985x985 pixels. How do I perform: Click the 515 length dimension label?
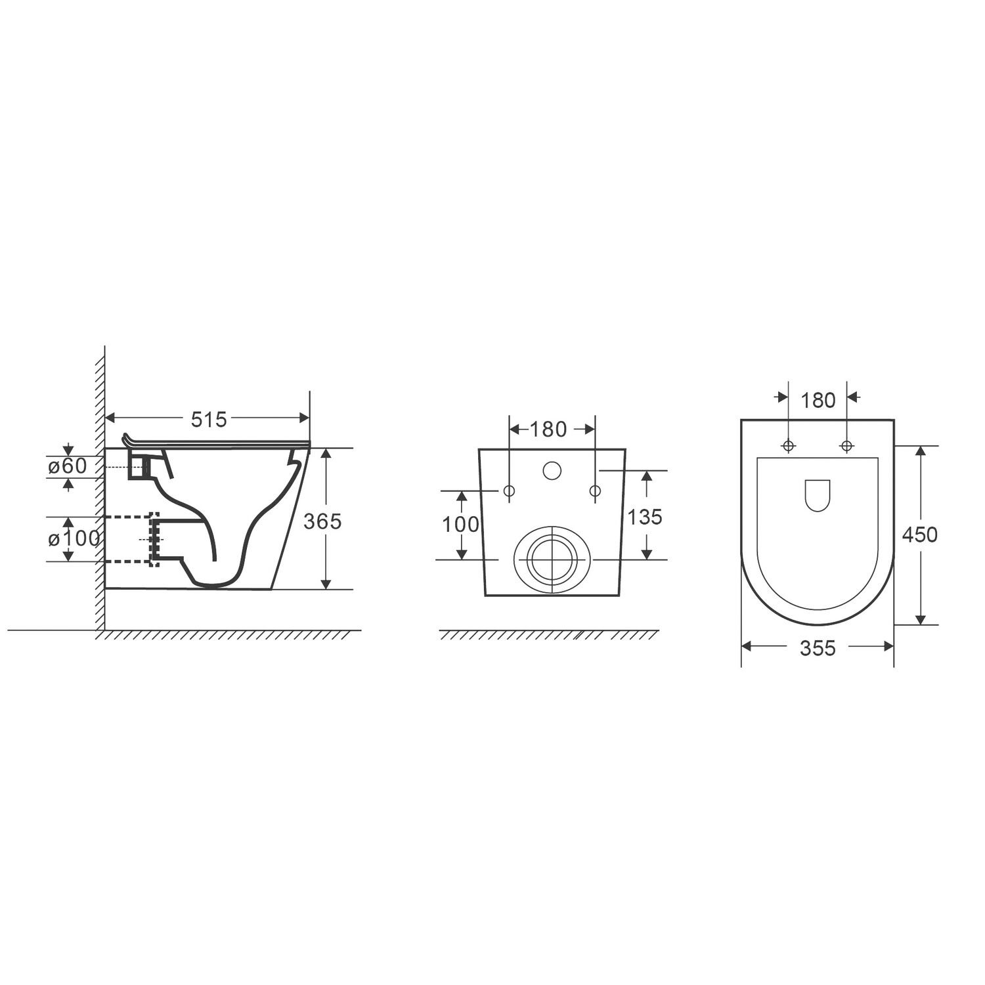point(209,419)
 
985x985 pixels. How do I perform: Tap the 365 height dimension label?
point(322,521)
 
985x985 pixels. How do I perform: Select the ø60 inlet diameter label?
point(67,466)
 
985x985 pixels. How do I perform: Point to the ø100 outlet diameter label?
point(74,539)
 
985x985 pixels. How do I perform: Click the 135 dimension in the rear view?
point(645,517)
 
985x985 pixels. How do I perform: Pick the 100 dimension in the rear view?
point(460,525)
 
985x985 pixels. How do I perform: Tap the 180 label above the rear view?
point(548,429)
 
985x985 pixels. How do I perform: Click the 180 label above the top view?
point(818,400)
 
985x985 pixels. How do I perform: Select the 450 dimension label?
point(919,535)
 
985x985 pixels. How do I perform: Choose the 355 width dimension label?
point(818,648)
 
